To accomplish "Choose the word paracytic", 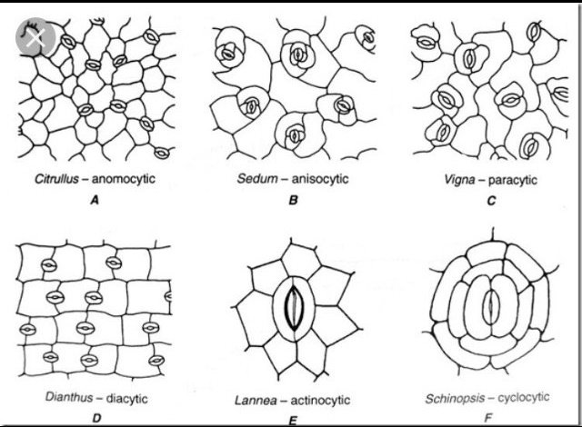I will click(x=511, y=180).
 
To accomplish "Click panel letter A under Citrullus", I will click(x=93, y=201).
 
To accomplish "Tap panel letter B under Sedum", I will click(x=293, y=201).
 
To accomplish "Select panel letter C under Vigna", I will click(x=491, y=202).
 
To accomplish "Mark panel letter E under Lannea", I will click(x=292, y=420).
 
